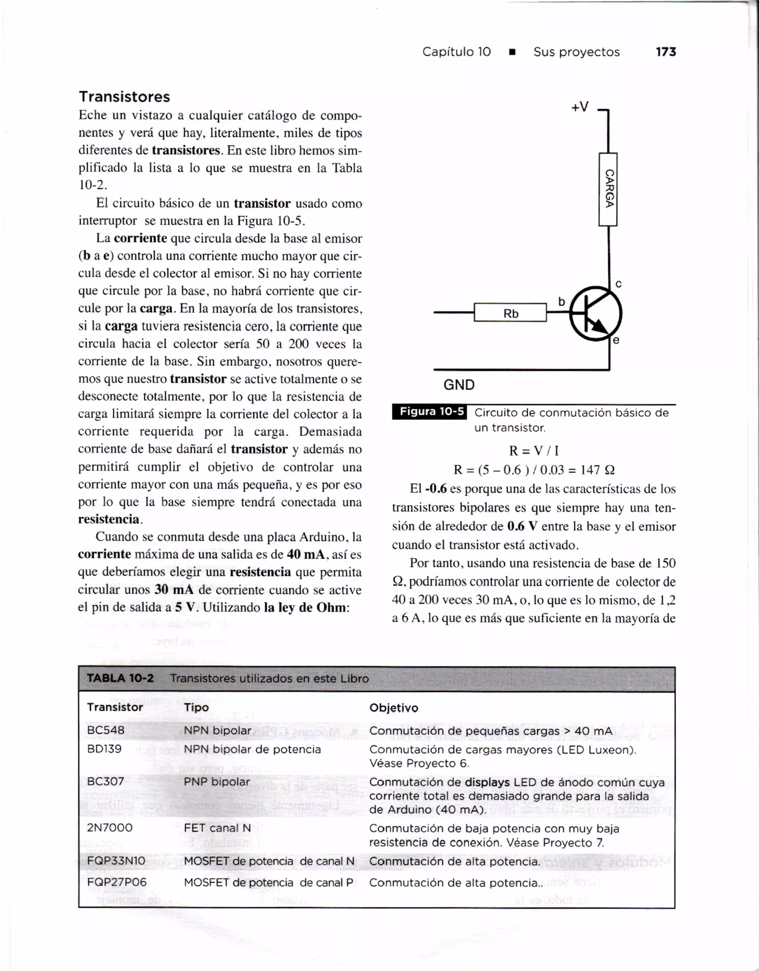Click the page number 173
[666, 52]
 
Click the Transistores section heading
[125, 97]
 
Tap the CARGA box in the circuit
[608, 189]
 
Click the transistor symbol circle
[596, 313]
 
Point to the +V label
[580, 107]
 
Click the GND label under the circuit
[459, 385]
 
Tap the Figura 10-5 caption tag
[430, 412]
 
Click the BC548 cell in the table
[106, 731]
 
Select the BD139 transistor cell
[105, 749]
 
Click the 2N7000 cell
[110, 828]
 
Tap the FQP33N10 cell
[116, 861]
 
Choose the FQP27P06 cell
[116, 882]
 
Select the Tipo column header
[196, 707]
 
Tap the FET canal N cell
[218, 828]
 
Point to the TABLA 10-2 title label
[120, 678]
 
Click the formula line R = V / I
[534, 451]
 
